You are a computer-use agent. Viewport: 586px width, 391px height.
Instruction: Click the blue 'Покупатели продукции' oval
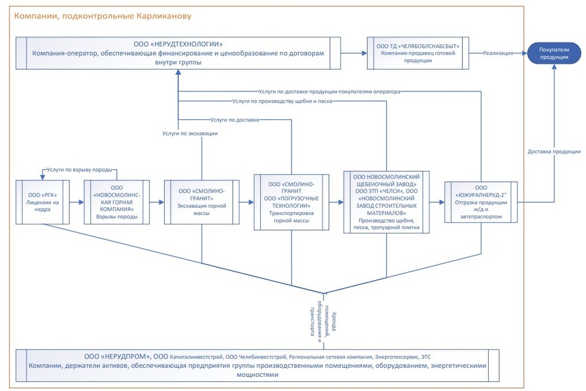coord(554,53)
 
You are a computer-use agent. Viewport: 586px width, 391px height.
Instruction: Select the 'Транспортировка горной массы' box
coord(291,202)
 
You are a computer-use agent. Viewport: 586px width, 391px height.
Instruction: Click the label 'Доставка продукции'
coord(554,151)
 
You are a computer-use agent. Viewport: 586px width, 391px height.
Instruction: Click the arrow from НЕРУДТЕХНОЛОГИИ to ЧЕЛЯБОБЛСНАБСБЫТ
coord(353,53)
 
